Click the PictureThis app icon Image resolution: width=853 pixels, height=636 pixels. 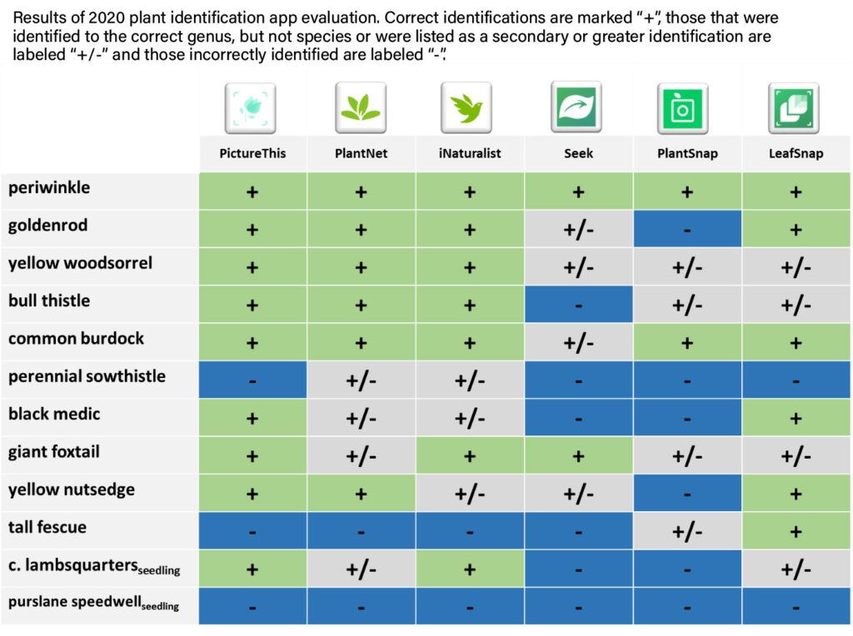(x=252, y=108)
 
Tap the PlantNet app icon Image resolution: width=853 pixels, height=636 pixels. (x=361, y=108)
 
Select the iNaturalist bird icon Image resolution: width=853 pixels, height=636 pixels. (x=469, y=108)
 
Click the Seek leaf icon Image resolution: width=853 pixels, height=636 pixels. (x=576, y=108)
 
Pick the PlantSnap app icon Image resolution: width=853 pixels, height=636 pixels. (x=684, y=108)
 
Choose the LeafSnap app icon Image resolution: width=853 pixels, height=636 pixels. (x=794, y=108)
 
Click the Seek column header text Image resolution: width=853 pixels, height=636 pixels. (x=578, y=153)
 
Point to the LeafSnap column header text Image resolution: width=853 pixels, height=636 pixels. (x=796, y=153)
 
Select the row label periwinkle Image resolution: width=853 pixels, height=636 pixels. (x=49, y=188)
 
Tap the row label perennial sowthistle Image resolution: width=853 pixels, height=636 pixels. (x=87, y=376)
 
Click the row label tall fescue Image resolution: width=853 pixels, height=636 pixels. (x=47, y=527)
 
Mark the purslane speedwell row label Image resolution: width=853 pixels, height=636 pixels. (x=93, y=604)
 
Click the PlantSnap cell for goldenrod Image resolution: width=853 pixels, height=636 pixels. (x=687, y=229)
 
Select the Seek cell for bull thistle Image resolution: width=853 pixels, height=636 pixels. (x=578, y=305)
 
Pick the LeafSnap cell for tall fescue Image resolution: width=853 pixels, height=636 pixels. (x=796, y=531)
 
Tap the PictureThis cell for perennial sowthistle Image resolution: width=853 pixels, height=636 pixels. (x=252, y=380)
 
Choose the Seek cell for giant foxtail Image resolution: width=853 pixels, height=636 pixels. (x=578, y=455)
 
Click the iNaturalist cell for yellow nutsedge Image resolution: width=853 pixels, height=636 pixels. (x=470, y=494)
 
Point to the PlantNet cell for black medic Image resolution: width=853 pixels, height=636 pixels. (x=361, y=418)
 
